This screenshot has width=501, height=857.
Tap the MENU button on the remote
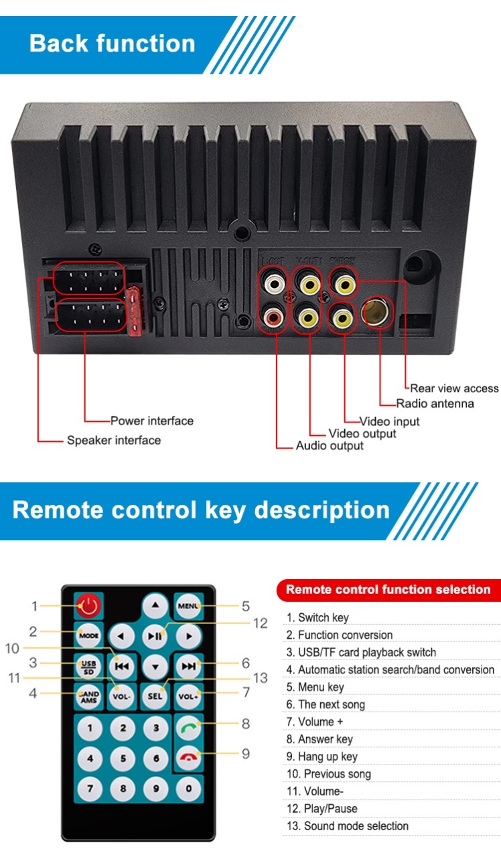point(188,606)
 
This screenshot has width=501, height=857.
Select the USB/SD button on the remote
point(88,666)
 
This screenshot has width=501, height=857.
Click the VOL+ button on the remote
point(188,696)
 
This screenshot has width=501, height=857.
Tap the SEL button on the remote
point(155,696)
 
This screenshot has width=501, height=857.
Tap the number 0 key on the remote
point(189,788)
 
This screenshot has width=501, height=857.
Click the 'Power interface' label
point(152,420)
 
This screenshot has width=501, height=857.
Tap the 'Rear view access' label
point(454,388)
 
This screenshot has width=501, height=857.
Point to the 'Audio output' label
point(330,446)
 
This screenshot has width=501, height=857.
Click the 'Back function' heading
point(113,44)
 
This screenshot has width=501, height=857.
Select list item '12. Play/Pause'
point(321,808)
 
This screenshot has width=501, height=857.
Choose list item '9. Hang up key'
point(321,757)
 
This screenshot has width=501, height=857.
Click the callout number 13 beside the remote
point(260,678)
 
